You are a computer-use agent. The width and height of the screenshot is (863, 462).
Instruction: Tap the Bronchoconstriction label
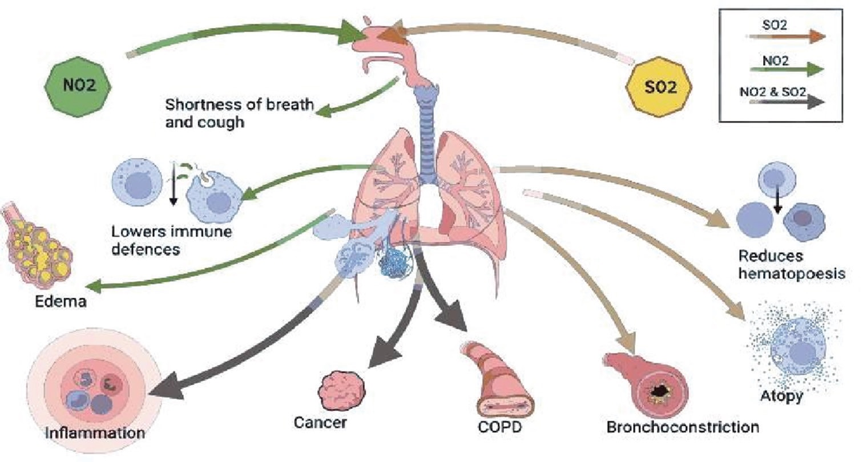(x=683, y=427)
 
